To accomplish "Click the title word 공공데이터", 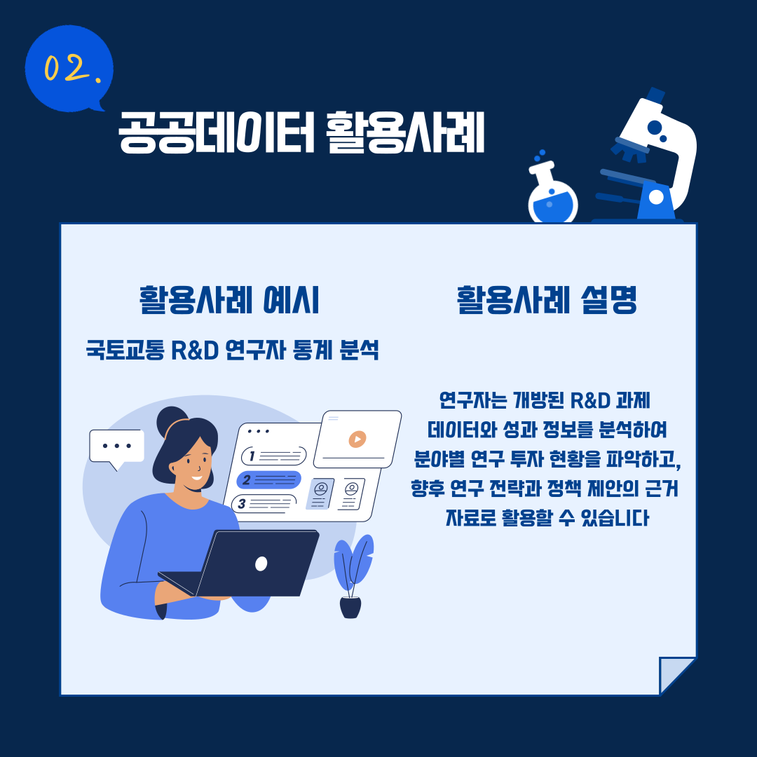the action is point(217,132).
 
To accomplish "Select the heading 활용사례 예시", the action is point(229,300).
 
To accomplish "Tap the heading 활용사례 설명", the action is point(547,300).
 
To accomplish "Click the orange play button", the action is point(357,439).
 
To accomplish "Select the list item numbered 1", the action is point(274,456).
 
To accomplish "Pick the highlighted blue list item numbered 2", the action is point(268,480).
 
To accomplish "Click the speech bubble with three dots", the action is point(117,448).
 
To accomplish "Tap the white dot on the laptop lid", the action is point(261,564).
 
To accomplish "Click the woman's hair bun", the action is point(172,421).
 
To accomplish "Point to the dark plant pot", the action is point(350,607).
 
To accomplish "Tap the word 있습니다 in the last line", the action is point(615,518).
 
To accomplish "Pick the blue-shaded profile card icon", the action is point(320,494).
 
